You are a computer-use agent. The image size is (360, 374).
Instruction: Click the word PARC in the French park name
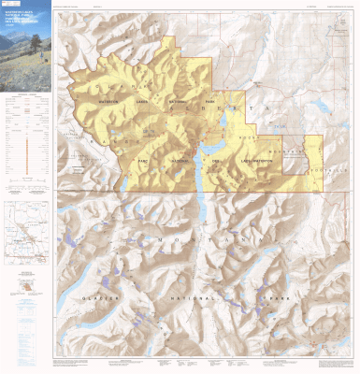[145, 159]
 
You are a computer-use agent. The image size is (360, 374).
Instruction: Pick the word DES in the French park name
[213, 160]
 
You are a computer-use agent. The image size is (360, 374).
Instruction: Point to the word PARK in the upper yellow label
[210, 101]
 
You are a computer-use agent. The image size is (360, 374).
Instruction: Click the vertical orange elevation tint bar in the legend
[40, 147]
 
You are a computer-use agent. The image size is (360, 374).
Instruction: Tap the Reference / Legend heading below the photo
[25, 95]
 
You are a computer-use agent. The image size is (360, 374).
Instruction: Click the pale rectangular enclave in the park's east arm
[295, 160]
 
